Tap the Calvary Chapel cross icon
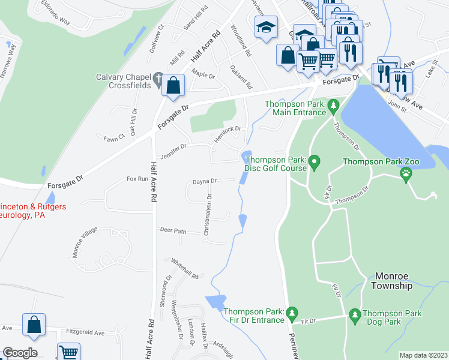coord(158,79)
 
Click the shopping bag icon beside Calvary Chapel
coord(173,86)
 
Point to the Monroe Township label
coord(393,280)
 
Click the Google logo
coord(20,353)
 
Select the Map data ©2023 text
coord(423,355)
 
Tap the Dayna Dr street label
coord(204,181)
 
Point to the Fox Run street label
coord(137,179)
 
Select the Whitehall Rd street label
coord(184,268)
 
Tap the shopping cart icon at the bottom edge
coord(69,352)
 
